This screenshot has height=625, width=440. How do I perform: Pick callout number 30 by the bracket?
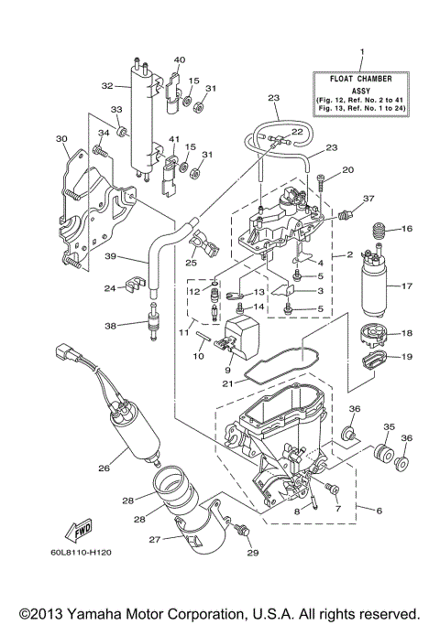point(62,139)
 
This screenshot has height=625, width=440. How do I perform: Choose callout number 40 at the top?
point(180,60)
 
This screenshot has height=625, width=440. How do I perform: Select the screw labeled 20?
point(317,182)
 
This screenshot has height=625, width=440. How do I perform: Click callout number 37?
point(369,197)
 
